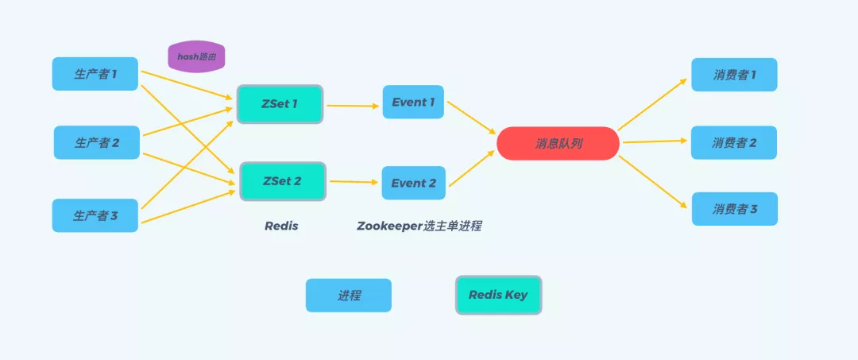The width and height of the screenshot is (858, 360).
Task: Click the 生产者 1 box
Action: click(x=95, y=74)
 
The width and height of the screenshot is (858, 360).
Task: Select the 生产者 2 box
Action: click(x=97, y=143)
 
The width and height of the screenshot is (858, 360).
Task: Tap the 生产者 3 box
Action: click(x=95, y=215)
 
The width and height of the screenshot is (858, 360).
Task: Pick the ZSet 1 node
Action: click(x=280, y=104)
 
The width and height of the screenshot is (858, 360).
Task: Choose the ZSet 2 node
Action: click(x=282, y=181)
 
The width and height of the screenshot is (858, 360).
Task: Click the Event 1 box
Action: click(x=413, y=103)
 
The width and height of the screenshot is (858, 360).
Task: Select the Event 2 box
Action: click(x=413, y=183)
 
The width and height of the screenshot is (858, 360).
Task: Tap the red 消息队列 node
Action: click(x=558, y=144)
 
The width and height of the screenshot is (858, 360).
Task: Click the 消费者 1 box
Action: click(x=734, y=75)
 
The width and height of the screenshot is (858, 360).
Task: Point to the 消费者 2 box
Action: click(x=734, y=143)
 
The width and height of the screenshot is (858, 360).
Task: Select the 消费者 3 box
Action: click(x=734, y=209)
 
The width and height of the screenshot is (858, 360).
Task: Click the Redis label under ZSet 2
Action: click(x=281, y=226)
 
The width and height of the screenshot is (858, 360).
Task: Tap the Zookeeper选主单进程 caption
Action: click(x=419, y=226)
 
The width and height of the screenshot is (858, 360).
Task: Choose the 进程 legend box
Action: click(x=349, y=296)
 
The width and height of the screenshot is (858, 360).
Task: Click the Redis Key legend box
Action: click(x=498, y=295)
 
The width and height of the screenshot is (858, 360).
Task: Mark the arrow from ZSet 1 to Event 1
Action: click(x=353, y=105)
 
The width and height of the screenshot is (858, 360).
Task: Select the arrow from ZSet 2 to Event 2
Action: click(x=354, y=182)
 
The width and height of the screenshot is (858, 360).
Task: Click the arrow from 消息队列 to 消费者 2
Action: click(x=654, y=142)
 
